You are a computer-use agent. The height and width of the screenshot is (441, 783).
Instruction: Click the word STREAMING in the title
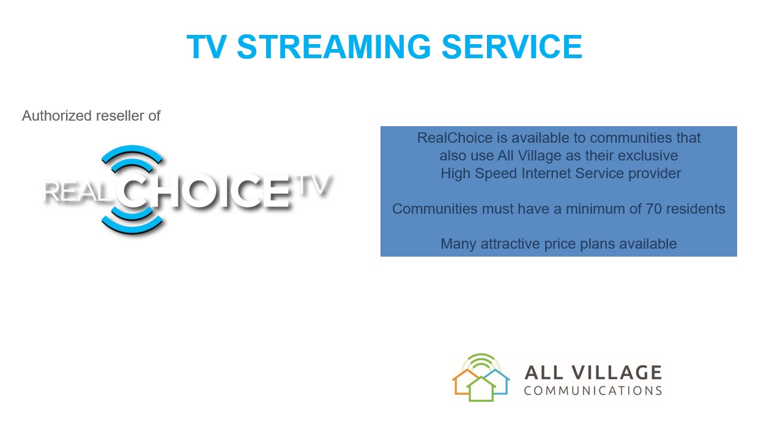coord(334,47)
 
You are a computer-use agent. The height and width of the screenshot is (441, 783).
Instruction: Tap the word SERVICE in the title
coord(512,47)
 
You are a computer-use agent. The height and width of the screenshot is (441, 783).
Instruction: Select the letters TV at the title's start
coord(207,47)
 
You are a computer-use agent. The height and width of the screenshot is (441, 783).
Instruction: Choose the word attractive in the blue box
coord(510,244)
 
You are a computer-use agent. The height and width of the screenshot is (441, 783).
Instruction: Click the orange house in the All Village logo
coord(461,382)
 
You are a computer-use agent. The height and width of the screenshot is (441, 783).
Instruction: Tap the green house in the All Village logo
coord(481,389)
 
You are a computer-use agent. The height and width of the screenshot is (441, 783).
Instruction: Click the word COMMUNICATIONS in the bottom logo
coord(593,391)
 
